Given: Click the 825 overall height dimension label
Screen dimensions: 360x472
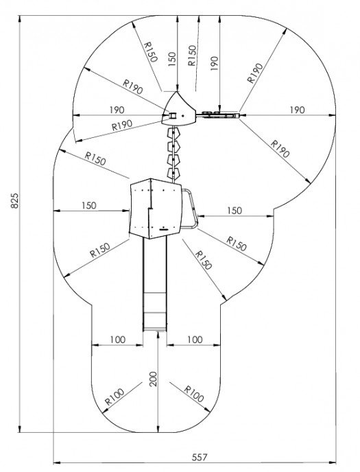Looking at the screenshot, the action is [x=14, y=200].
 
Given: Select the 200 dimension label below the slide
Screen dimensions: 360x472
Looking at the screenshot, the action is [x=154, y=379].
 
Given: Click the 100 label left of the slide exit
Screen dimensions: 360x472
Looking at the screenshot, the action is [x=117, y=340].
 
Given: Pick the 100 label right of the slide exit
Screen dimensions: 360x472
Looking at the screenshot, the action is [x=195, y=340].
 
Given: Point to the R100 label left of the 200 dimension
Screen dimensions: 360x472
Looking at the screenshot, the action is [x=115, y=397].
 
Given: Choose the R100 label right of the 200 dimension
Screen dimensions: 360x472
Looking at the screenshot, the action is [x=193, y=394].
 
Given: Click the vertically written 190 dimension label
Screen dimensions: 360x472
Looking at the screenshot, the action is [x=214, y=63].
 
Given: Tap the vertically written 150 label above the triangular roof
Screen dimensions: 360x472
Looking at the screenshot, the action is [x=171, y=59].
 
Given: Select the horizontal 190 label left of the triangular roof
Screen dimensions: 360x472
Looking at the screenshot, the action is [x=117, y=110].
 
